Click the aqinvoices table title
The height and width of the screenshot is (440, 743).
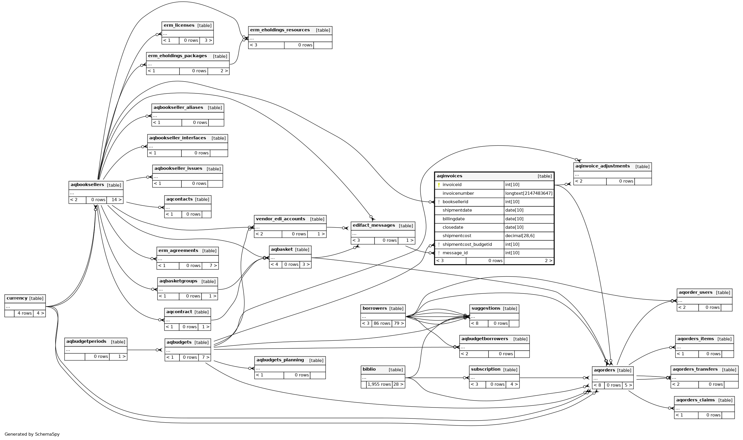(449, 176)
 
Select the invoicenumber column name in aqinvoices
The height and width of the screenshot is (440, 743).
(458, 194)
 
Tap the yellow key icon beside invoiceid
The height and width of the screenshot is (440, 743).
(439, 185)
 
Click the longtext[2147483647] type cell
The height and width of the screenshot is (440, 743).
(528, 194)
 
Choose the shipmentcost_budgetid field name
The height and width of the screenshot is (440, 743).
(467, 245)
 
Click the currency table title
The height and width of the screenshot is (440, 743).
(17, 298)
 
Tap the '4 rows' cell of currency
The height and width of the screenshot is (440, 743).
(24, 313)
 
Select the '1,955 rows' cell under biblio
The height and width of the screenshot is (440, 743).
(379, 385)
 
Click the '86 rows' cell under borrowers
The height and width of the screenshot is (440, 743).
(382, 324)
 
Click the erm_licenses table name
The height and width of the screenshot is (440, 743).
(179, 26)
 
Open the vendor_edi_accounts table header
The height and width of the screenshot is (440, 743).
(280, 219)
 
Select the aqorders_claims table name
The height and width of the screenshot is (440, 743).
(695, 400)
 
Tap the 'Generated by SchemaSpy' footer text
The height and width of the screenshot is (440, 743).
(32, 434)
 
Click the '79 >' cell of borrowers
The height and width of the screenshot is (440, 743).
(398, 324)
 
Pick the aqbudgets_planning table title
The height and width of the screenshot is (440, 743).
(280, 360)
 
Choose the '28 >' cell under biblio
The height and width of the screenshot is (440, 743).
(398, 385)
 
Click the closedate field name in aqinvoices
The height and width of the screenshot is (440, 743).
(453, 228)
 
